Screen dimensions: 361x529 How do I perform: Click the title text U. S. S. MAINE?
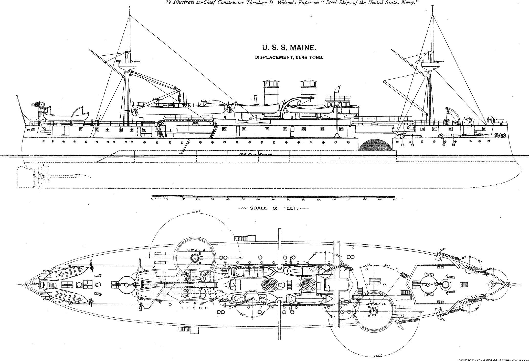[289, 48]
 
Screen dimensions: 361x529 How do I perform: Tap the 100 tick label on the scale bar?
[319, 199]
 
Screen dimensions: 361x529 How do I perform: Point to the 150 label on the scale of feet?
[395, 199]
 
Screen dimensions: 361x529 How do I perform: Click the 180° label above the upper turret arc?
[195, 212]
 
